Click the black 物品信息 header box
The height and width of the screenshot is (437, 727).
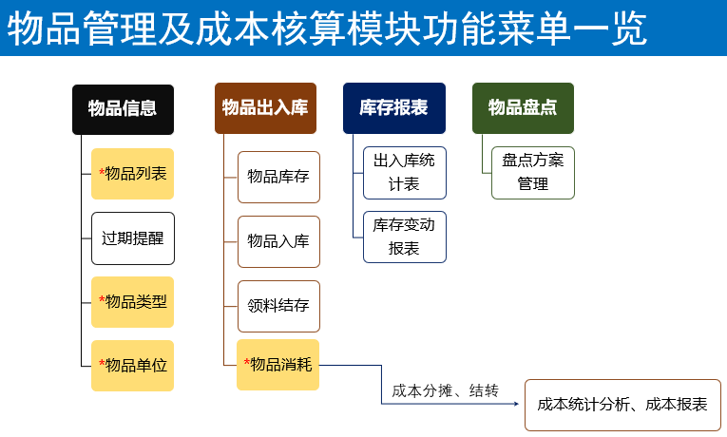tap(123, 110)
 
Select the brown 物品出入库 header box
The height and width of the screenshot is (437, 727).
tap(266, 108)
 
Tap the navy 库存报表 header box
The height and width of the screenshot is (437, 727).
tap(394, 108)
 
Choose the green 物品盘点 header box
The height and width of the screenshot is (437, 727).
tap(523, 108)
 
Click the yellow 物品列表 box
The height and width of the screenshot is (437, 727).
tap(133, 174)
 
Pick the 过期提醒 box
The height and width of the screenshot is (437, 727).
tap(133, 238)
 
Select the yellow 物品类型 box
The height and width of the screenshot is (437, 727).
tap(133, 302)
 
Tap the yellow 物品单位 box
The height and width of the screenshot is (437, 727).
tap(133, 366)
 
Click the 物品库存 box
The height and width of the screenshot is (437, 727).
tap(278, 177)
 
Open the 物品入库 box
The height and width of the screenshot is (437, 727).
tap(278, 241)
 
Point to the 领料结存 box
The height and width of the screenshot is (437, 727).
tap(278, 306)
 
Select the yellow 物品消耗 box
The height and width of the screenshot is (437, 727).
tap(277, 365)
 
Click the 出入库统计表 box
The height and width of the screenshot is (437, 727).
tap(405, 173)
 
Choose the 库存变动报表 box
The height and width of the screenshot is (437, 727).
tap(405, 237)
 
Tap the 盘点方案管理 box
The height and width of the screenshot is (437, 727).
tap(533, 173)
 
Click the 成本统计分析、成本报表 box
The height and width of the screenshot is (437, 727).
tap(622, 405)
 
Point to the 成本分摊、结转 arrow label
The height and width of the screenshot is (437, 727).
tap(445, 390)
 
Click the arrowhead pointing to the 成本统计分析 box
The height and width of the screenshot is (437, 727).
tap(516, 404)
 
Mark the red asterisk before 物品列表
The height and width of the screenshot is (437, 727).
tap(102, 172)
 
